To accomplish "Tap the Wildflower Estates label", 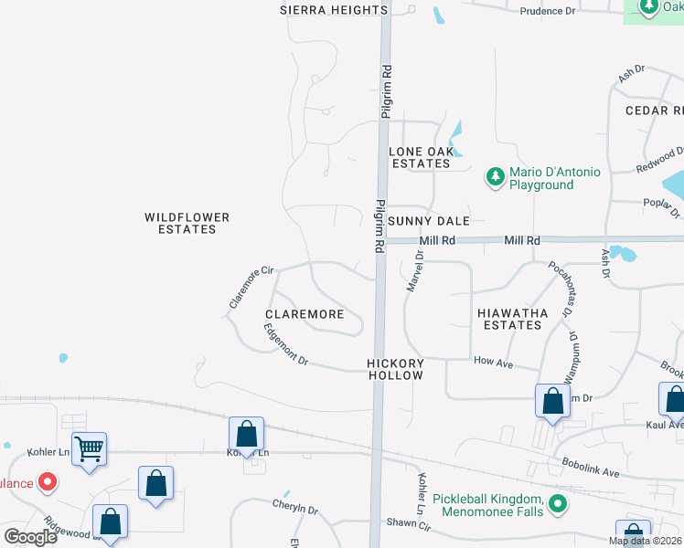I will pyautogui.click(x=187, y=223).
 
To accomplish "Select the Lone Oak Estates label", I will pyautogui.click(x=421, y=157).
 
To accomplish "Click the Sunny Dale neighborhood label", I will pyautogui.click(x=429, y=221).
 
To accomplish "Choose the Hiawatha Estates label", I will pyautogui.click(x=513, y=319).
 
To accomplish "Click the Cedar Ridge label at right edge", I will pyautogui.click(x=654, y=111).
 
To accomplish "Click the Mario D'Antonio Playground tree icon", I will pyautogui.click(x=495, y=176).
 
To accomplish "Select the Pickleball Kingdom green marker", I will pyautogui.click(x=557, y=503).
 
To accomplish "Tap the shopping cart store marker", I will pyautogui.click(x=90, y=448).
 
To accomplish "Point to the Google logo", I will pyautogui.click(x=30, y=536).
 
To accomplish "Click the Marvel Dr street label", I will pyautogui.click(x=412, y=274).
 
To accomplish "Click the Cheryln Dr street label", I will pyautogui.click(x=294, y=506).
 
